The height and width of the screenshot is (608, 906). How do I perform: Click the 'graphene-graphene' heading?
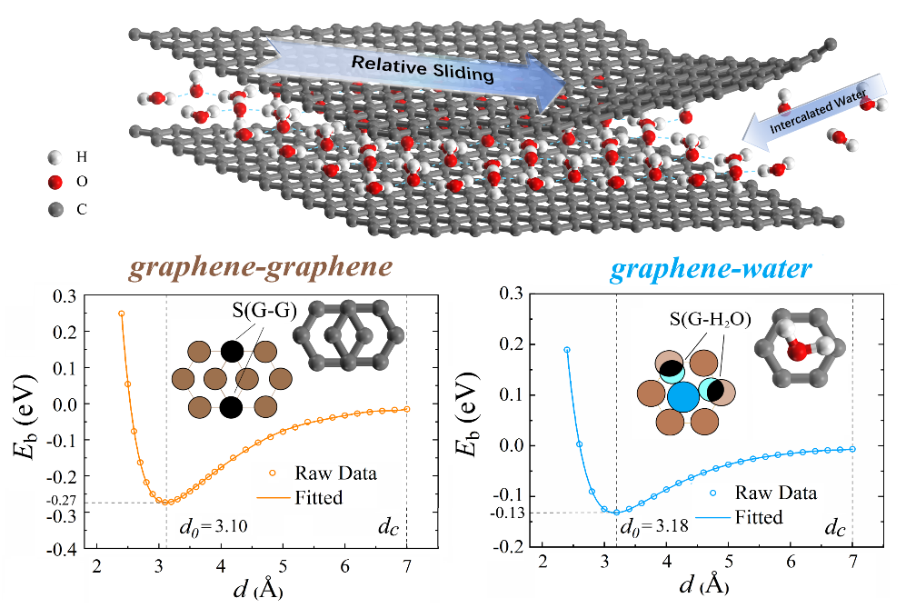tap(260, 267)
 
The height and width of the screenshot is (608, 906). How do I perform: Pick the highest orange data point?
tap(121, 314)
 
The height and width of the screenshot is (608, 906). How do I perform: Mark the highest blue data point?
tap(567, 350)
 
